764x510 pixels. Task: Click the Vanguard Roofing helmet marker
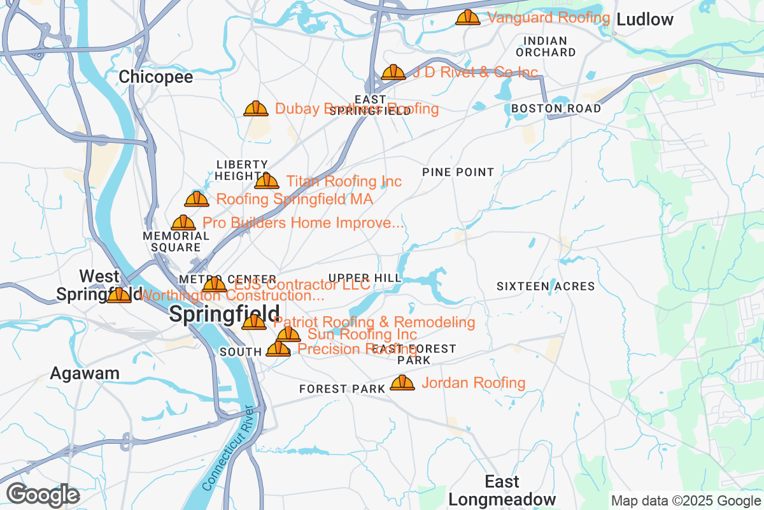[x=468, y=17]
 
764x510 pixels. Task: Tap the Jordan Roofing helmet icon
[x=402, y=382]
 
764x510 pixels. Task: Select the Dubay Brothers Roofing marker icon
[x=256, y=108]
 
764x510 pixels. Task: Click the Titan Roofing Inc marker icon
[x=267, y=181]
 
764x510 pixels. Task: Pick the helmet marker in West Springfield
[x=119, y=295]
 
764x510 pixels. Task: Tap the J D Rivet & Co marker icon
[x=393, y=72]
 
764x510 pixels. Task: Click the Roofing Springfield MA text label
[x=294, y=199]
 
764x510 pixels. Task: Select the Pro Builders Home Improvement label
[x=303, y=222]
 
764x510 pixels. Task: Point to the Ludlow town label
[x=645, y=20]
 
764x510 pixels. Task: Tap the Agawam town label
[x=85, y=373]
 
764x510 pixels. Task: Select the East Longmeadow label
[x=502, y=490]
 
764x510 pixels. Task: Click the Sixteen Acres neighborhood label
[x=546, y=287]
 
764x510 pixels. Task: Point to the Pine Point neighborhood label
[x=458, y=172]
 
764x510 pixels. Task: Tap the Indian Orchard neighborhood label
[x=546, y=47]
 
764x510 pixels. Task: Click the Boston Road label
[x=556, y=108]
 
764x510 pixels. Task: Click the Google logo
[x=43, y=495]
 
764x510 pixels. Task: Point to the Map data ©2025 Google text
[x=686, y=500]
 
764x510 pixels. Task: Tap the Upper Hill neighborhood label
[x=365, y=278]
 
